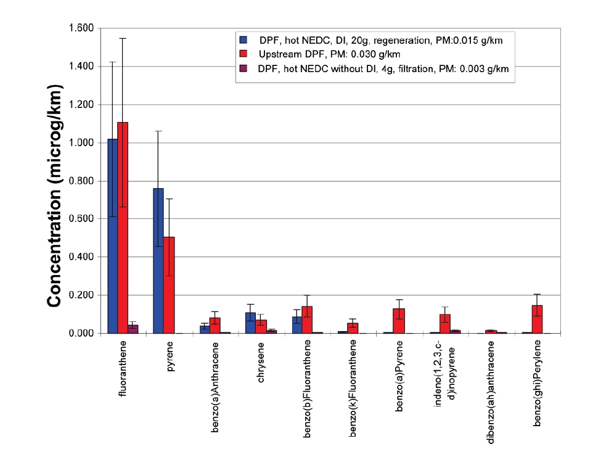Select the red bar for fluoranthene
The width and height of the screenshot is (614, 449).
point(123,228)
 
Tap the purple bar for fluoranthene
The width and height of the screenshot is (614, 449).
point(133,329)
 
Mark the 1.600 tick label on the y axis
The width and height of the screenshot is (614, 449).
point(80,28)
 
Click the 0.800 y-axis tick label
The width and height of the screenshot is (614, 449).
point(80,181)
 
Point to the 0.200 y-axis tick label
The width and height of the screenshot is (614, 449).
point(80,295)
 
